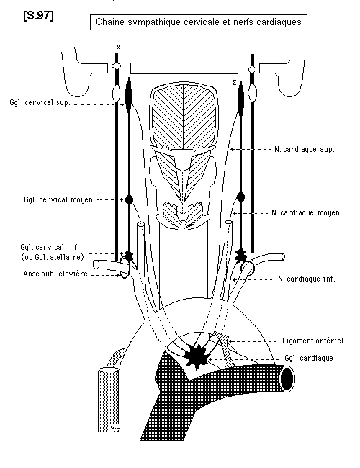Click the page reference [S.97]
tap(38, 16)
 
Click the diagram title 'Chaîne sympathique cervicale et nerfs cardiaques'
tap(199, 22)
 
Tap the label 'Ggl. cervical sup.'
tap(40, 102)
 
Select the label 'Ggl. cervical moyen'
tap(58, 199)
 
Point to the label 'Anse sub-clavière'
tap(55, 274)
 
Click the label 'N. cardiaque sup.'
tap(305, 149)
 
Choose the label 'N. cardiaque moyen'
tap(305, 213)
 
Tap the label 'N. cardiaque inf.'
tap(307, 279)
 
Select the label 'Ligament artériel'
tap(312, 341)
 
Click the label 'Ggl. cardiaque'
tap(309, 358)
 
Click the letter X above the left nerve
tap(119, 48)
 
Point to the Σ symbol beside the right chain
tap(234, 83)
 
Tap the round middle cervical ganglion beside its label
tap(129, 199)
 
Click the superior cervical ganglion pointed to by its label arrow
tap(129, 96)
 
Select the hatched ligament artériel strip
tap(226, 349)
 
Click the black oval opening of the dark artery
tap(287, 379)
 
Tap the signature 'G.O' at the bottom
tap(115, 428)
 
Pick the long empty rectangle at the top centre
tap(184, 68)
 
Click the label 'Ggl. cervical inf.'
tap(50, 248)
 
